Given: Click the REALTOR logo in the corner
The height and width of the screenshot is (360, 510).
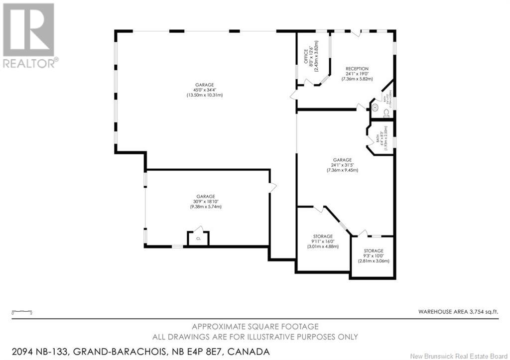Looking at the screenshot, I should (29, 35).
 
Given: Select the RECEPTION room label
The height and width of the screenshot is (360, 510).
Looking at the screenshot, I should (357, 69).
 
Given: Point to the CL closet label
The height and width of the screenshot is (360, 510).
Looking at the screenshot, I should (198, 239).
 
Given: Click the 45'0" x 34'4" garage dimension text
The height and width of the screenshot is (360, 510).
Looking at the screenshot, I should (204, 90).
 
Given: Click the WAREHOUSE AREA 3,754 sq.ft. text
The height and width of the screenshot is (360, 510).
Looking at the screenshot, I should (458, 312).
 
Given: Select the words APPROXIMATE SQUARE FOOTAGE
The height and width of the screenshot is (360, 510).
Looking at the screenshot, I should (255, 327).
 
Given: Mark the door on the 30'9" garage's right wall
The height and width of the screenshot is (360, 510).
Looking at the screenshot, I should (272, 188).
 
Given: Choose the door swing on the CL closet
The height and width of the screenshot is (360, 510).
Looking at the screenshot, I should (200, 229).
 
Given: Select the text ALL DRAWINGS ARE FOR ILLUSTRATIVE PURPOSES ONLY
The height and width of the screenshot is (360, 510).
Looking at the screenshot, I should (255, 337).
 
